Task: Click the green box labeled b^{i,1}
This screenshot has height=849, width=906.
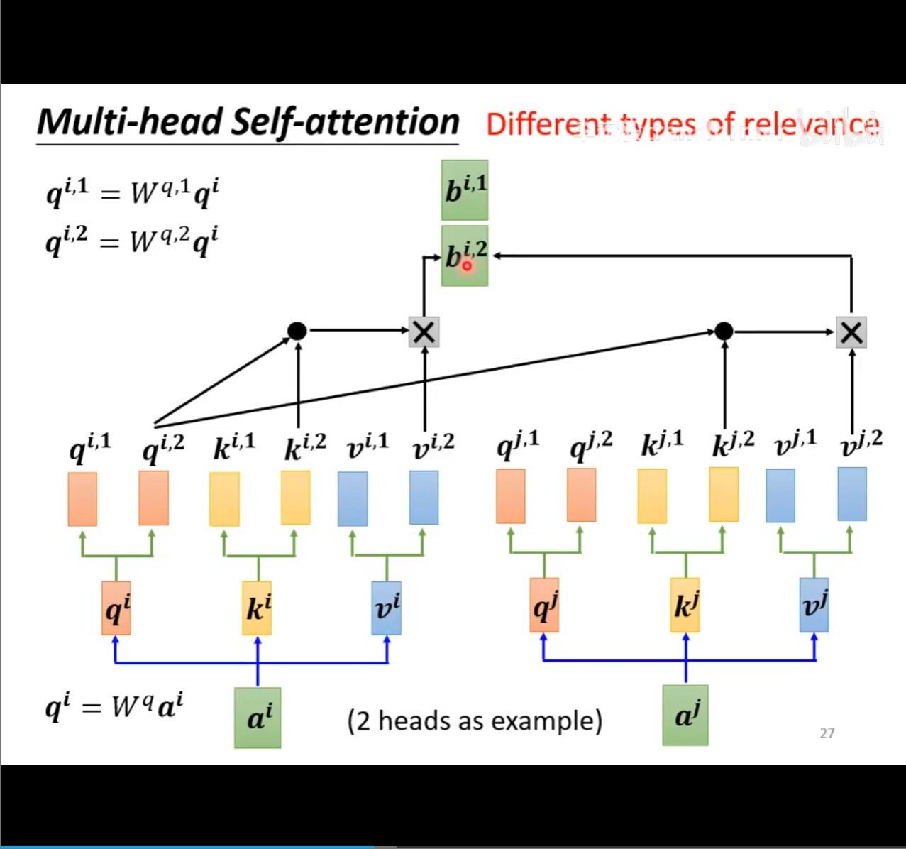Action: tap(465, 190)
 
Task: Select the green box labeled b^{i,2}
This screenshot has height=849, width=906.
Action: tap(465, 256)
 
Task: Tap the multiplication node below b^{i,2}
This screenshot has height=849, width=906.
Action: tap(424, 332)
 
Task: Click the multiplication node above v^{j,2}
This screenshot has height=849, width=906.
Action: tap(851, 332)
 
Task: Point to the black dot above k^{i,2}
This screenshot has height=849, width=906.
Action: tap(297, 331)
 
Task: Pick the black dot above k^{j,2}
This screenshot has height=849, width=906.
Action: tap(724, 331)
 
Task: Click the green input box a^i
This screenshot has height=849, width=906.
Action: tap(258, 718)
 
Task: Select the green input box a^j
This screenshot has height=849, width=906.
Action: tap(685, 715)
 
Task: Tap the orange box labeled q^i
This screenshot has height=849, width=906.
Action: tap(116, 608)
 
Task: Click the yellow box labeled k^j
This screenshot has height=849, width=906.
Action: tap(685, 606)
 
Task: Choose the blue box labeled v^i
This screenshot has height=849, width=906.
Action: tap(387, 608)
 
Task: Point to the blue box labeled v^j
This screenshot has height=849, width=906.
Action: tap(814, 606)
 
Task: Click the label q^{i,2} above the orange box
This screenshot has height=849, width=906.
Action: tap(163, 447)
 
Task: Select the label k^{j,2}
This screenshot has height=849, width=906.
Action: tap(733, 444)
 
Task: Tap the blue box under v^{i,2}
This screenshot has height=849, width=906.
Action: tap(424, 498)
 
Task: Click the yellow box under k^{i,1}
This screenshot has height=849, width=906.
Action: tap(224, 499)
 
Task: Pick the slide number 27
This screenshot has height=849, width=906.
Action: tap(827, 733)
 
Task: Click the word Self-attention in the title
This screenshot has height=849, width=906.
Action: tap(346, 122)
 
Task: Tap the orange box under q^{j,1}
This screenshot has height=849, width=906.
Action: tap(511, 496)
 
